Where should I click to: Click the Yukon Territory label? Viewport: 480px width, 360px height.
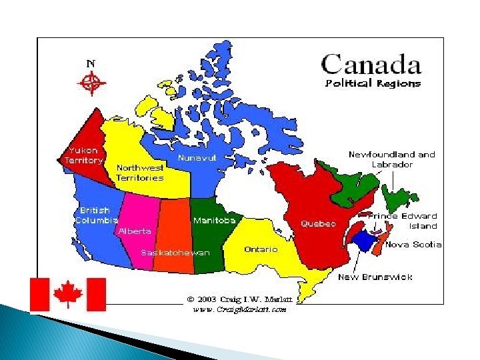(x=83, y=155)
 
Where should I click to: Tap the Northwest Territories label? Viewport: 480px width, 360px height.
(x=140, y=173)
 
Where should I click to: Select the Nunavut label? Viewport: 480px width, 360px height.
(x=197, y=158)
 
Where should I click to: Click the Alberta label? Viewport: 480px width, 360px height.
(x=135, y=231)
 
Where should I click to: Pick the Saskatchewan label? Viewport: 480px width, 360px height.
(x=175, y=253)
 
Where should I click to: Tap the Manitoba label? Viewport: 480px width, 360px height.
(x=214, y=220)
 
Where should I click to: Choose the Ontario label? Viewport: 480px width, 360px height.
(x=261, y=249)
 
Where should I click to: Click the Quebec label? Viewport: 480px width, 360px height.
(x=318, y=223)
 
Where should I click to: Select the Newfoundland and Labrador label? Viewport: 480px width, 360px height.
(x=391, y=159)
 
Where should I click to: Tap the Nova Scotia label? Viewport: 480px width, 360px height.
(x=413, y=244)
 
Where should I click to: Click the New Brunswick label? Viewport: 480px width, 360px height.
(x=375, y=277)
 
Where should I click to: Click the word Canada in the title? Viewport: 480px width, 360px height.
(x=371, y=65)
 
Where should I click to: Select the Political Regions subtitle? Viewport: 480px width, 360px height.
(x=373, y=83)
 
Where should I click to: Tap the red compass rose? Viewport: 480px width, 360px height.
(x=91, y=84)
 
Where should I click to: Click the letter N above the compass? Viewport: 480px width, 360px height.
(x=91, y=63)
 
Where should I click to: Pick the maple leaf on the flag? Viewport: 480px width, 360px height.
(x=68, y=294)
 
